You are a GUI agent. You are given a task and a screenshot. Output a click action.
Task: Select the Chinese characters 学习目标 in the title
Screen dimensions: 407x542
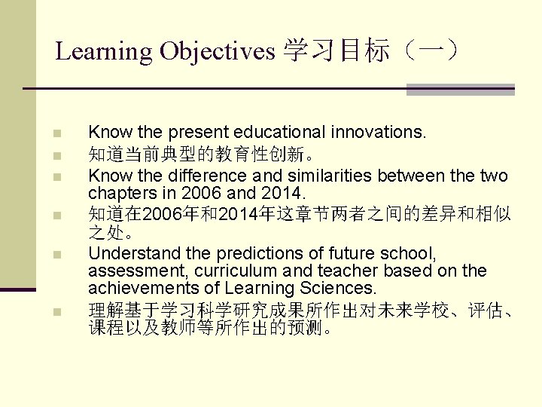(x=336, y=51)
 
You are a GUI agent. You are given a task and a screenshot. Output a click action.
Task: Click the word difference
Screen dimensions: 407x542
(x=201, y=176)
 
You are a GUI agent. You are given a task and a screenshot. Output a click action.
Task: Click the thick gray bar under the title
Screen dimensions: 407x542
(x=460, y=89)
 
